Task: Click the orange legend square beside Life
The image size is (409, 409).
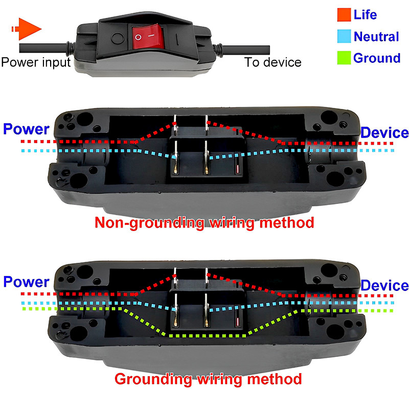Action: click(x=343, y=14)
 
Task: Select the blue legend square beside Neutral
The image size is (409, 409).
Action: click(x=343, y=36)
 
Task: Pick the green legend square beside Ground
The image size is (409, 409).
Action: click(x=343, y=58)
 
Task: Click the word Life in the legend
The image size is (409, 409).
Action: click(x=365, y=14)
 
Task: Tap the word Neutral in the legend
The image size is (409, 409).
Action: click(x=376, y=36)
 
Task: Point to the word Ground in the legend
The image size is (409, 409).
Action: click(x=377, y=58)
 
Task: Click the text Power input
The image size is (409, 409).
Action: click(x=35, y=62)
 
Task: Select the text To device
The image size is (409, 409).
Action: click(x=272, y=62)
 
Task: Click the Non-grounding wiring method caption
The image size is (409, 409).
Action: click(x=203, y=223)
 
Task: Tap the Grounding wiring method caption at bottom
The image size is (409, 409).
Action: click(x=208, y=379)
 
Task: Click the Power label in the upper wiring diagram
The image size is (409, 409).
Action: click(x=25, y=129)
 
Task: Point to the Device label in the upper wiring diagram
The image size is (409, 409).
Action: click(x=384, y=133)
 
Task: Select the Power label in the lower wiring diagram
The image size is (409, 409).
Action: click(x=25, y=282)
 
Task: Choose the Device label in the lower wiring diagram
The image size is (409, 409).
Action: click(x=384, y=285)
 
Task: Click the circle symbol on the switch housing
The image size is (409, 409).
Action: click(x=117, y=38)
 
